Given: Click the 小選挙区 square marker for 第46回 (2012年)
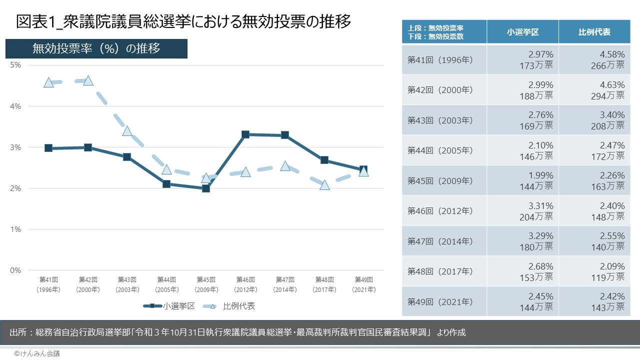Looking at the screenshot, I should (245, 134).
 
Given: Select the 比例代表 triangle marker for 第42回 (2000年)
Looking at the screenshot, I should (88, 80).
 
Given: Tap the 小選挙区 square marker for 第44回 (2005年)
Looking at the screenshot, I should (166, 184).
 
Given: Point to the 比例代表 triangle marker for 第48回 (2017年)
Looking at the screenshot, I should (324, 185).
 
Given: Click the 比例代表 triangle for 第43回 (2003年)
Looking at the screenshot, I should (127, 131).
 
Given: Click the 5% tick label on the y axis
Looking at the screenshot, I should (15, 65).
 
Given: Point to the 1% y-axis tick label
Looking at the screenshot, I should (15, 229).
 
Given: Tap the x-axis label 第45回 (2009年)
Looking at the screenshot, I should (206, 284).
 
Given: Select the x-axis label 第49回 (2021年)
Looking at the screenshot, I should (364, 284).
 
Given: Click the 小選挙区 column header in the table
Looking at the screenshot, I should (522, 32).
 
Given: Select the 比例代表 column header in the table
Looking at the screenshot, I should (594, 32).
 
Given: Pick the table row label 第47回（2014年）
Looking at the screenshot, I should (440, 241).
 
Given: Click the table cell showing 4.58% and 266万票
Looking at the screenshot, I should (594, 59).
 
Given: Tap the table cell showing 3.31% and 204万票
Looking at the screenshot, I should (522, 210).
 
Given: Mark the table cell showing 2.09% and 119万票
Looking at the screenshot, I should (594, 271).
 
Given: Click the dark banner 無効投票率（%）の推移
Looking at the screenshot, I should (96, 48).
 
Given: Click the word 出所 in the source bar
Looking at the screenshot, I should (18, 332).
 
